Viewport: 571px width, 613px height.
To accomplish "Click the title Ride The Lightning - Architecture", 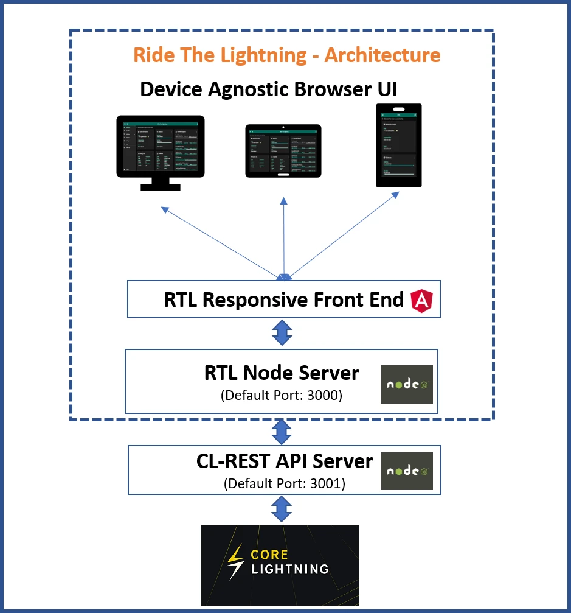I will tap(286, 55).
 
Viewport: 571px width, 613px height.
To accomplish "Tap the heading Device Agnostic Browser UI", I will tap(269, 89).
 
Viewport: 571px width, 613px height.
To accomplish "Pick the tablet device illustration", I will tap(282, 151).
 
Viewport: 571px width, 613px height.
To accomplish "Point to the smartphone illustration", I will tap(399, 145).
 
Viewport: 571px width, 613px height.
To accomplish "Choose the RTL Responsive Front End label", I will tap(283, 299).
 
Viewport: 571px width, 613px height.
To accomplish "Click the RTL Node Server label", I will tap(282, 373).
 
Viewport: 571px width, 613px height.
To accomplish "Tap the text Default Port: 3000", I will tap(282, 394).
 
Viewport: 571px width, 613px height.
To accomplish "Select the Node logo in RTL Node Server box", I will tap(406, 384).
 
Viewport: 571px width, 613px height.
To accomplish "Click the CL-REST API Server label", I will tap(284, 461).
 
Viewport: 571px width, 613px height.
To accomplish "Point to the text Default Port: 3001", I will tap(284, 484).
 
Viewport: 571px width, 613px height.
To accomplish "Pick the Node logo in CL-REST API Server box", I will tap(406, 471).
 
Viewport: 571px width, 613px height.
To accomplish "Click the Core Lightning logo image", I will tap(280, 564).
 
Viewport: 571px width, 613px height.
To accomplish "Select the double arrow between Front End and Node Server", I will tap(282, 333).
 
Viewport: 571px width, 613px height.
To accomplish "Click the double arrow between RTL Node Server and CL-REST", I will tap(281, 431).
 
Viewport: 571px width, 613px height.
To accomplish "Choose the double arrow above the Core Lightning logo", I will tap(281, 508).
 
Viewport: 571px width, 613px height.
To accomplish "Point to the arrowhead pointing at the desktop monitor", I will tap(164, 209).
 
